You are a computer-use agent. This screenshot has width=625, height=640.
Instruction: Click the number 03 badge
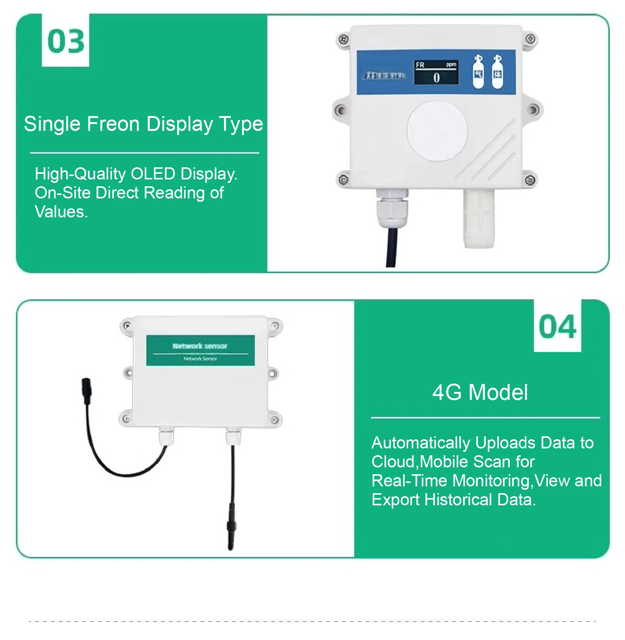pos(66,41)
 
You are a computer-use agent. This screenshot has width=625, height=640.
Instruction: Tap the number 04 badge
pos(557,327)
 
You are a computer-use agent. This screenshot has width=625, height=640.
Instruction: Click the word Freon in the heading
pos(113,124)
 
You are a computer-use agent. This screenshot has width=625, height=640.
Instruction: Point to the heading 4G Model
pos(480,392)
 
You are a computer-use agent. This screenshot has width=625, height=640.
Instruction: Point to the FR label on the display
pos(420,65)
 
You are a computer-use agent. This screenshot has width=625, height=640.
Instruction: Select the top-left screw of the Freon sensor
pos(343,39)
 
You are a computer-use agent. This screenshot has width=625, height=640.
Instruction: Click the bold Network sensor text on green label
pos(200,346)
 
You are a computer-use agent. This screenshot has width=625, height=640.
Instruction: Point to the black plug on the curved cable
pos(87,390)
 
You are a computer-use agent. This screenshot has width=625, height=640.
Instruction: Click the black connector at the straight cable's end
pos(231,528)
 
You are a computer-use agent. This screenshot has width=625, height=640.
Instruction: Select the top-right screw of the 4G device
pos(275,326)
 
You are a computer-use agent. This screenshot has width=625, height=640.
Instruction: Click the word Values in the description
pos(61,212)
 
